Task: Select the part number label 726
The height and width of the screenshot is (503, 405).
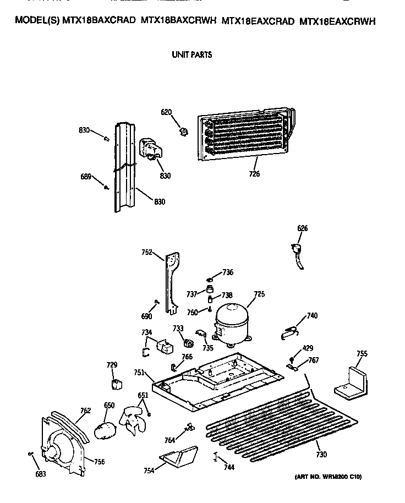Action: [254, 174]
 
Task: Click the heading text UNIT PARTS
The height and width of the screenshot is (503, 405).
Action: [191, 54]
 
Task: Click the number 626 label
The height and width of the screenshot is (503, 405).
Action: [303, 228]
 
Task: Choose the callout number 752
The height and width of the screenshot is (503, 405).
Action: [146, 253]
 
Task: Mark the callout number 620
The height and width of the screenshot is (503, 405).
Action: [166, 112]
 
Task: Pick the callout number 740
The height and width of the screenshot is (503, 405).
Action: [312, 315]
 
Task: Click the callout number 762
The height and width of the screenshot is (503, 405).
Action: [85, 409]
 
